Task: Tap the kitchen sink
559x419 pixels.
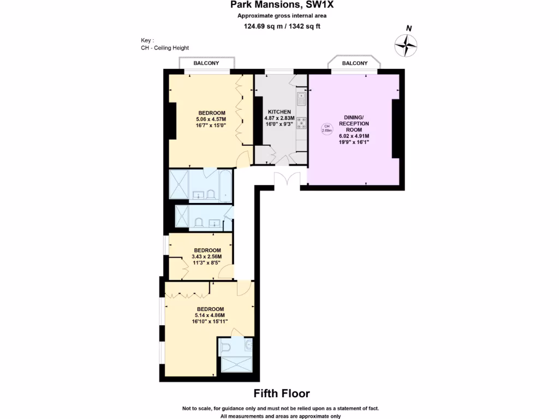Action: [301, 99]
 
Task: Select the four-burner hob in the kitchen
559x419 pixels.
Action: [301, 122]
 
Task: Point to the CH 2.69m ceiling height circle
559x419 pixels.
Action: [326, 129]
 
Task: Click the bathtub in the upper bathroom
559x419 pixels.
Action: [224, 186]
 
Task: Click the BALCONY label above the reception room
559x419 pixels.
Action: [354, 63]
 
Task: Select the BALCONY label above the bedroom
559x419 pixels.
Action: [206, 63]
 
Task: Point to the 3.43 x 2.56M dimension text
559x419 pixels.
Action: [207, 257]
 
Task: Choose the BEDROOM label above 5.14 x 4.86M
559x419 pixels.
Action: [210, 309]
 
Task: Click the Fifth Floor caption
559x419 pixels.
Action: [282, 393]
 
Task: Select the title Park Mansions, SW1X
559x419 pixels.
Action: [282, 6]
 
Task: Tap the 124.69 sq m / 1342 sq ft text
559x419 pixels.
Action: [282, 26]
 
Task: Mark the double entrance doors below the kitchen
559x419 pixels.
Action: [287, 180]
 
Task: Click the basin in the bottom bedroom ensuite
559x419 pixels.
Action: [249, 344]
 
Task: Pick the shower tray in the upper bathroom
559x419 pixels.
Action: [179, 186]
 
